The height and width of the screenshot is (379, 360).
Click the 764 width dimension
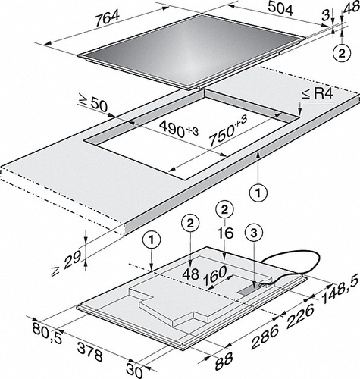click(108, 19)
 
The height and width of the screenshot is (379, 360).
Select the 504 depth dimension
click(280, 9)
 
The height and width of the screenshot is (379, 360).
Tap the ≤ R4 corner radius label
click(318, 94)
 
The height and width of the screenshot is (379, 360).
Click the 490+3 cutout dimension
click(180, 130)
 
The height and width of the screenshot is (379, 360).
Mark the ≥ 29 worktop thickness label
click(66, 264)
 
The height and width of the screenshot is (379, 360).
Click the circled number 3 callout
click(254, 233)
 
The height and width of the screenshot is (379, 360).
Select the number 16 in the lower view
click(226, 233)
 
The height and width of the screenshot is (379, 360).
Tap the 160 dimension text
click(215, 276)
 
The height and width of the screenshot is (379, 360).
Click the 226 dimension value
click(300, 316)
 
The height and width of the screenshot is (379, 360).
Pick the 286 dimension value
click(265, 337)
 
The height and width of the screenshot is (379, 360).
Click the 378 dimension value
click(90, 352)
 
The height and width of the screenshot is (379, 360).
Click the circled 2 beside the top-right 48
click(342, 54)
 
